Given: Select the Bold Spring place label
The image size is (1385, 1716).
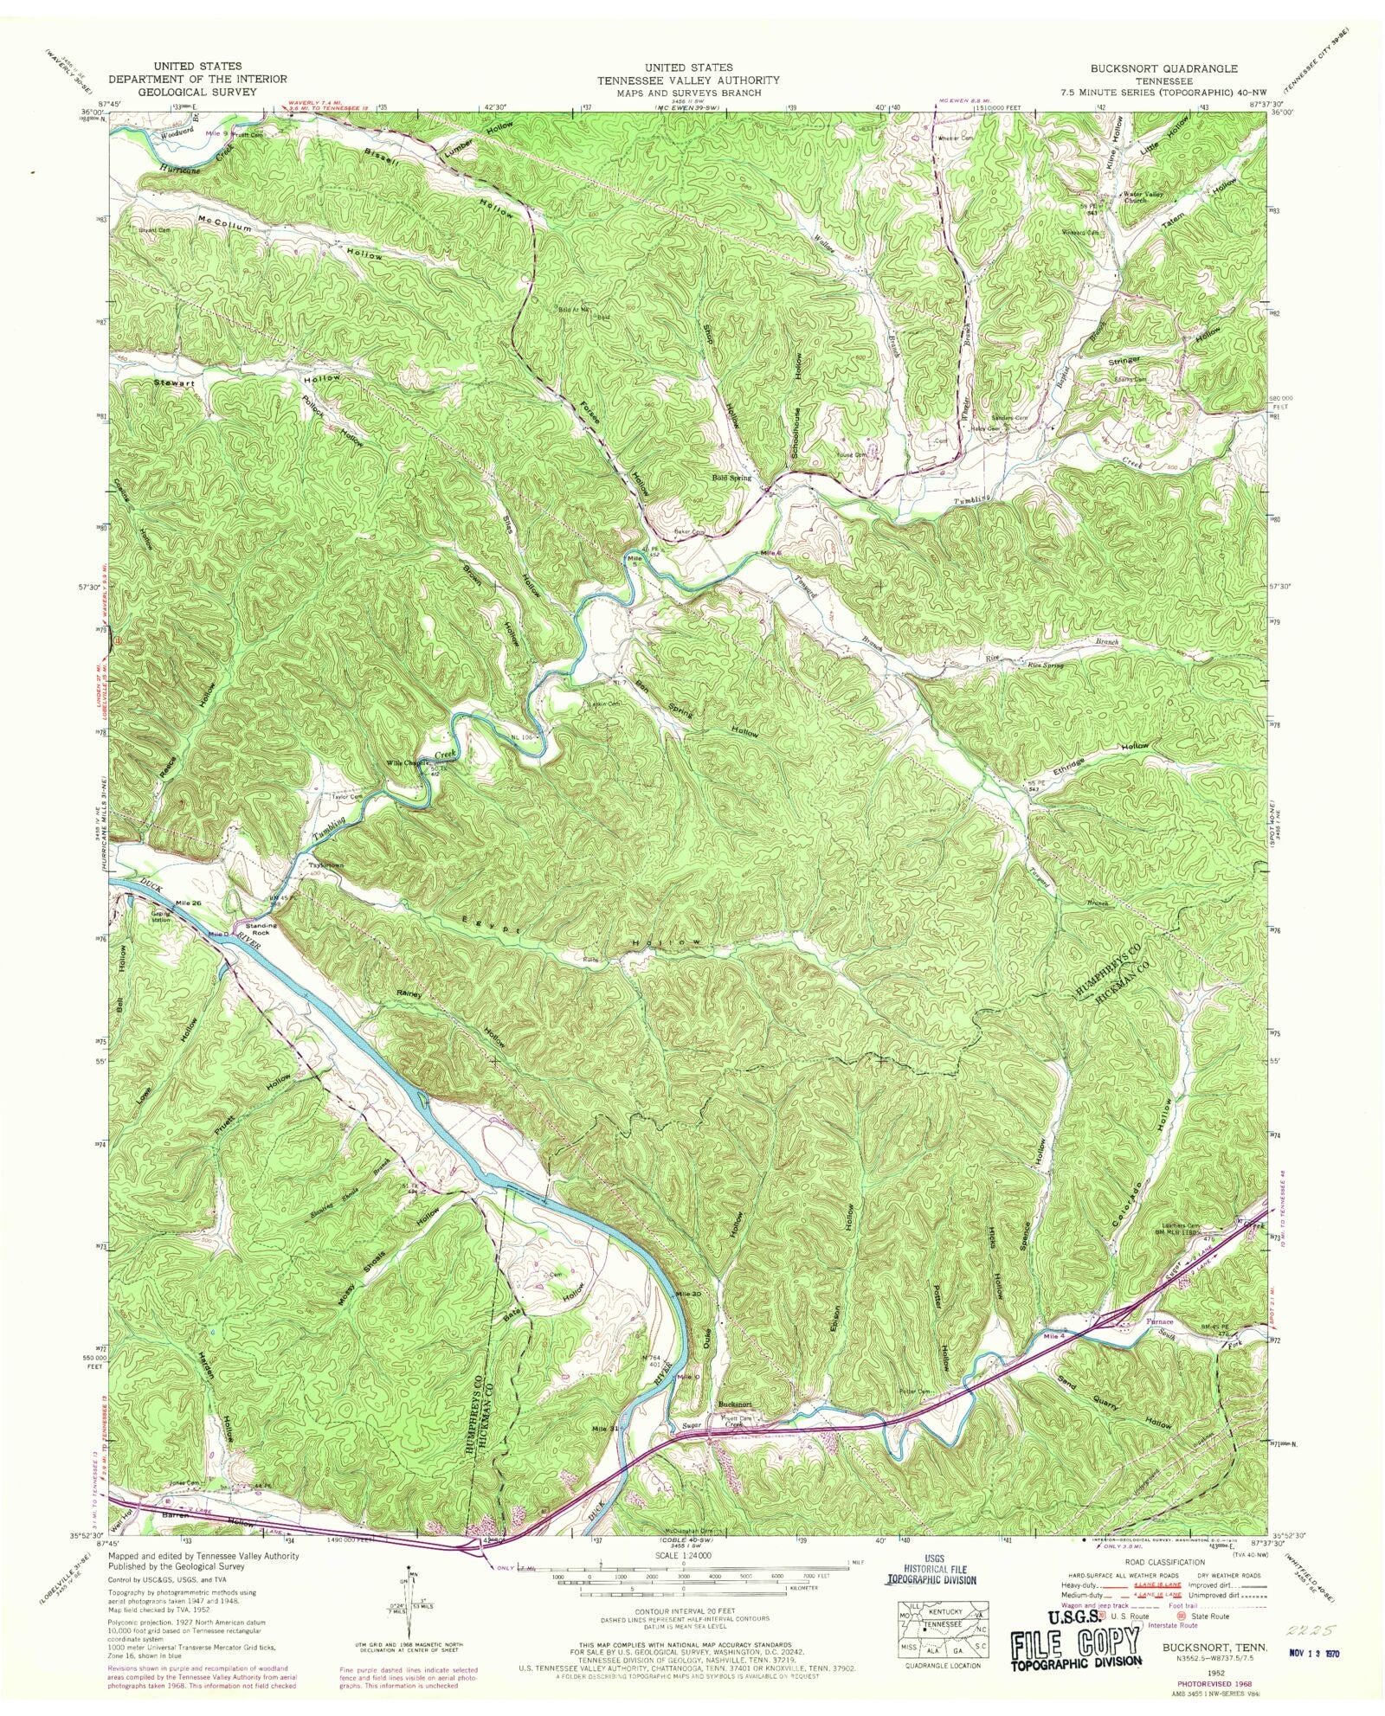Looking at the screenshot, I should (x=731, y=477).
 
